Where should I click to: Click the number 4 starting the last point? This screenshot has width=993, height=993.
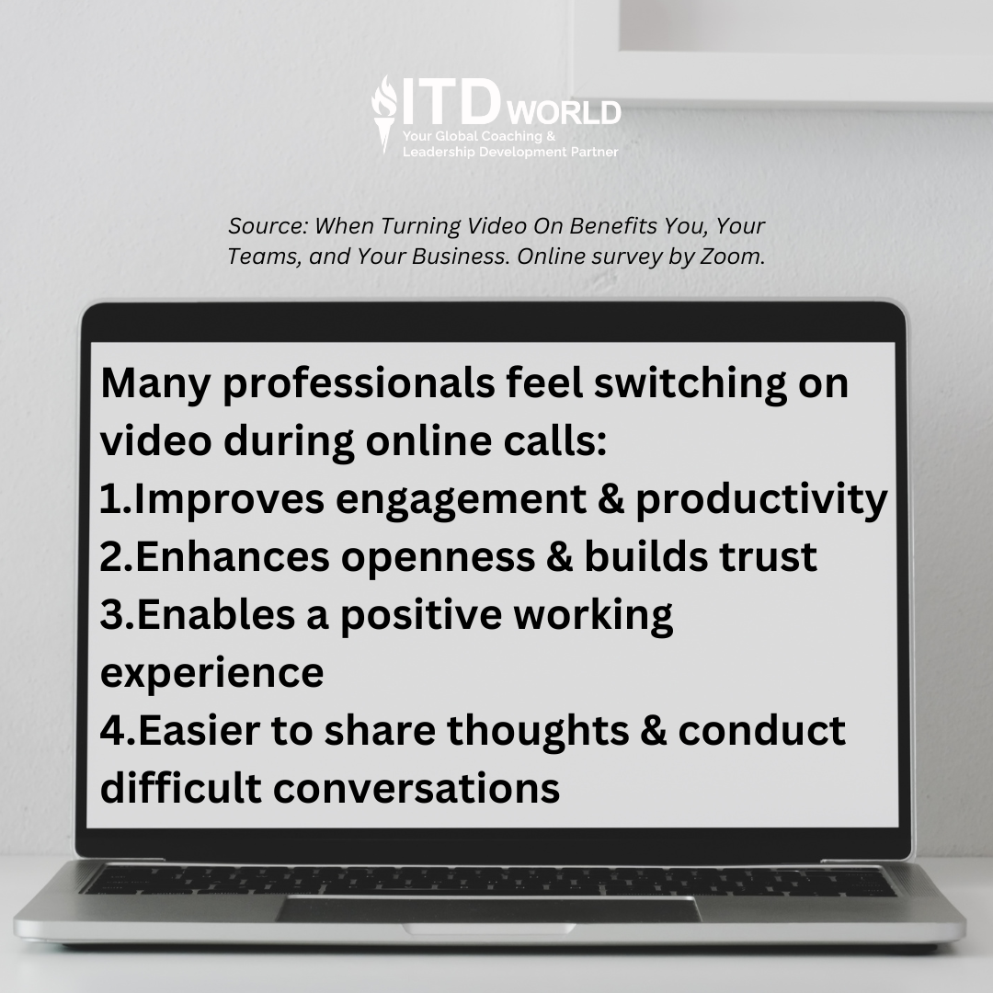click(x=110, y=731)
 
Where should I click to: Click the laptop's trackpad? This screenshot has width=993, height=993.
click(x=487, y=909)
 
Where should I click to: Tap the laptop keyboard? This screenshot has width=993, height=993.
click(x=487, y=880)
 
